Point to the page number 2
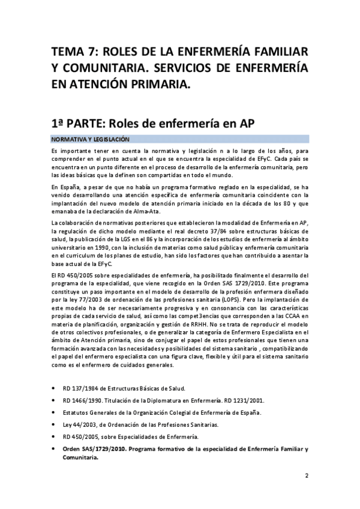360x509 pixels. coord(306,477)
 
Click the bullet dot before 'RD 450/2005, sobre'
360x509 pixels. coord(54,436)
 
